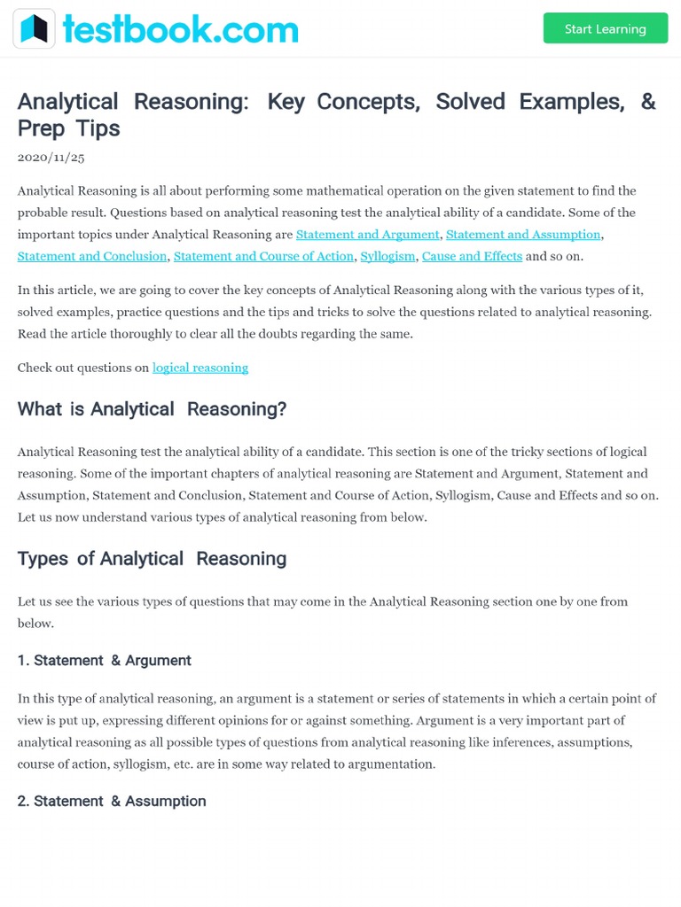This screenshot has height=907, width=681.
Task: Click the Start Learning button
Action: (605, 28)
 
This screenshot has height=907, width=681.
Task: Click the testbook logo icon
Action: (35, 28)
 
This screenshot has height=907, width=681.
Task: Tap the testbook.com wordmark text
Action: (180, 29)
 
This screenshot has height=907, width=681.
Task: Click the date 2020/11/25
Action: (51, 157)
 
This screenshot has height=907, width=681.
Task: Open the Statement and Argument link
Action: (367, 234)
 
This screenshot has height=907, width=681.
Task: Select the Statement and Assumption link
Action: (523, 234)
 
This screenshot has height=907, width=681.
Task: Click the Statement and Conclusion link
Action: (92, 256)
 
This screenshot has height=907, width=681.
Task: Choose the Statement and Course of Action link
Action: (263, 256)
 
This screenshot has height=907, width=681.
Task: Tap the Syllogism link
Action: (387, 256)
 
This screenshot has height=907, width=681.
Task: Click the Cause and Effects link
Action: (472, 256)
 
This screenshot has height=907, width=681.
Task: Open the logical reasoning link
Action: (200, 367)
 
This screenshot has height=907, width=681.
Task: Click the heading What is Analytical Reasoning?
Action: (152, 409)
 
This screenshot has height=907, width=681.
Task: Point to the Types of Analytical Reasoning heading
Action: (152, 559)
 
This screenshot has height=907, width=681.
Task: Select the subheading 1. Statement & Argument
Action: (105, 660)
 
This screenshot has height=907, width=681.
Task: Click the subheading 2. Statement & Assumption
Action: (112, 801)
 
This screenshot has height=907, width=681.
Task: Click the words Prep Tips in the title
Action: (68, 128)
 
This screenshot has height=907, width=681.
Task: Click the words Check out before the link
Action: (44, 367)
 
